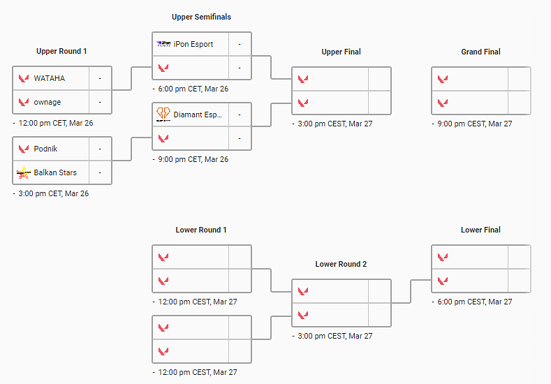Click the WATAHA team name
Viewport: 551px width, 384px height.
click(49, 78)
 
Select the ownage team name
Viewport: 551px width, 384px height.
click(47, 102)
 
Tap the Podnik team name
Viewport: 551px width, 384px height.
click(45, 149)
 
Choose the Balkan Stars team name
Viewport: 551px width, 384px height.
click(55, 172)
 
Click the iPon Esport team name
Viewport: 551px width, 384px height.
click(193, 44)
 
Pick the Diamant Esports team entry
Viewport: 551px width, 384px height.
click(198, 115)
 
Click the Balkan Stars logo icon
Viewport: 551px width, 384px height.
click(23, 172)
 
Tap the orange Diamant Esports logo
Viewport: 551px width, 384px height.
click(163, 114)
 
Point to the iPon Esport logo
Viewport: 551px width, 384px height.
click(163, 43)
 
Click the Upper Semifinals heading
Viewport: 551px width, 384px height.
click(201, 17)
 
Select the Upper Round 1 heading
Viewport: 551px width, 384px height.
click(61, 51)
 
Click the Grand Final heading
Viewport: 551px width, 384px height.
click(480, 52)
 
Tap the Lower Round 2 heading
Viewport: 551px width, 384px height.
click(341, 264)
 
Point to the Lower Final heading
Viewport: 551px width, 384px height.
click(480, 230)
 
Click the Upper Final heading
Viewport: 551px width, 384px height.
click(341, 52)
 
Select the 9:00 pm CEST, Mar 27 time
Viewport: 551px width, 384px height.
click(474, 124)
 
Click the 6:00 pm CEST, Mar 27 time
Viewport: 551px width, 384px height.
click(474, 302)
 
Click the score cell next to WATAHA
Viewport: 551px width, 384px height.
click(100, 78)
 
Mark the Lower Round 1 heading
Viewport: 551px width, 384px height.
click(201, 230)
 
